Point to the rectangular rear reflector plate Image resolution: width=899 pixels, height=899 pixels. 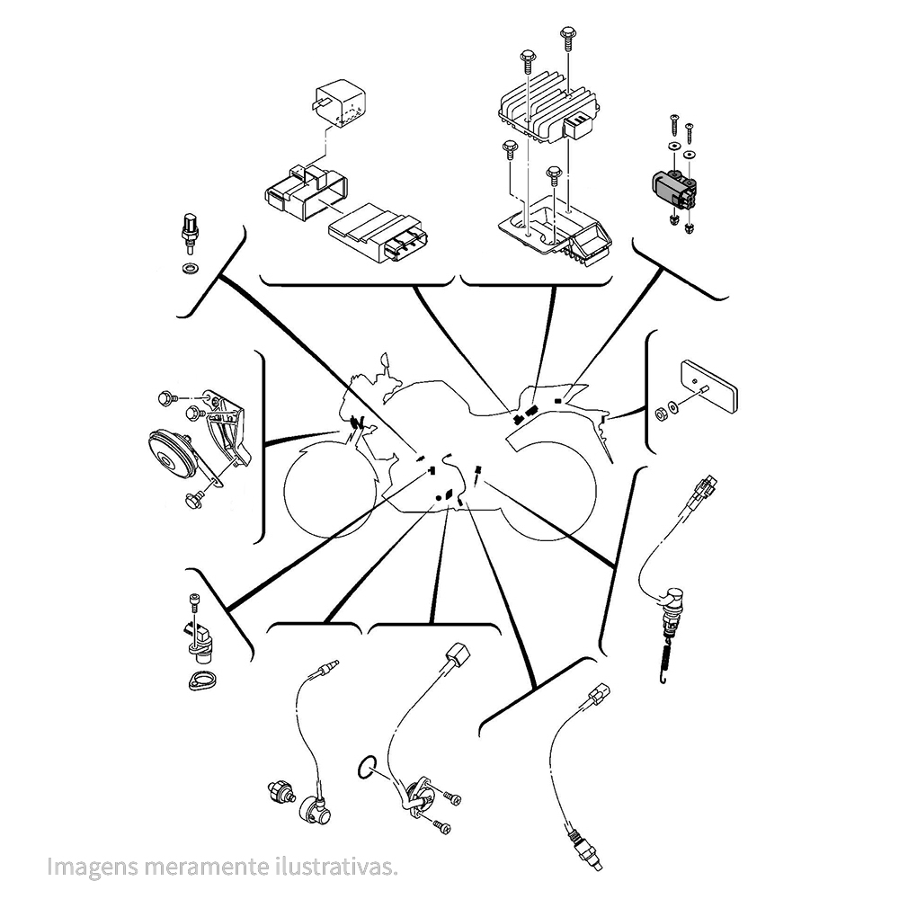point(708,386)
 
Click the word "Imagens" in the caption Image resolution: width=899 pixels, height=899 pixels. point(93,866)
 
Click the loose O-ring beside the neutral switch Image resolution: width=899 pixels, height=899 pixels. point(367,767)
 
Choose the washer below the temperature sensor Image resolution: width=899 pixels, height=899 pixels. point(188,268)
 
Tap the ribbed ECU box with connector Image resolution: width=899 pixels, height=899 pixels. point(375,234)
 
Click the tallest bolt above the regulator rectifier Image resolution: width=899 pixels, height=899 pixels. point(566,39)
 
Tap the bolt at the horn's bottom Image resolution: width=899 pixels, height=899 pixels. point(194,499)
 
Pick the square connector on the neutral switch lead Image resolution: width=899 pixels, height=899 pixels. point(458,653)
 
